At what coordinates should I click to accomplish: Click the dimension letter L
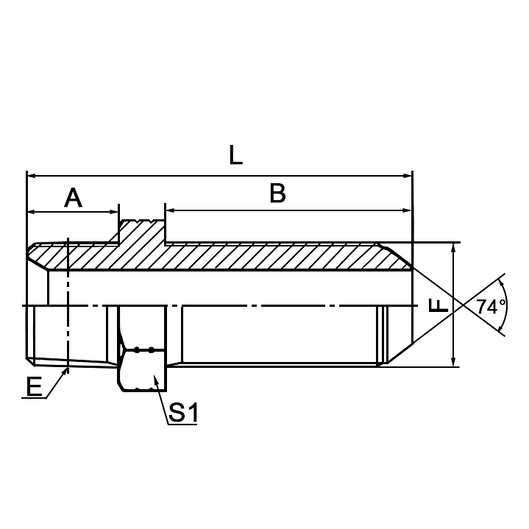coord(235,155)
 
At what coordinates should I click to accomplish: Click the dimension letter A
coord(73,197)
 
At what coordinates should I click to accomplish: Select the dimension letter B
coord(277,193)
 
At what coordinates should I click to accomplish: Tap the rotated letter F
coord(439,305)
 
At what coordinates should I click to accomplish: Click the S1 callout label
coord(183,413)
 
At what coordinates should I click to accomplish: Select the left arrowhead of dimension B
coord(171,211)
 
